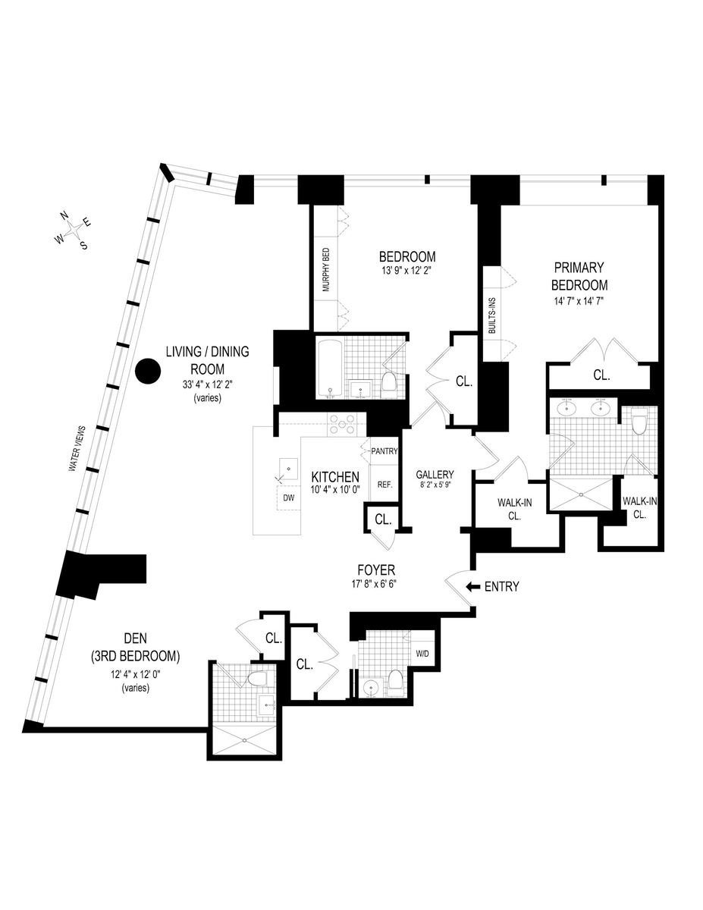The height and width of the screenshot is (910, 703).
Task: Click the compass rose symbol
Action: click(x=74, y=230)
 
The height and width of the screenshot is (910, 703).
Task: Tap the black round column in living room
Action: click(x=148, y=372)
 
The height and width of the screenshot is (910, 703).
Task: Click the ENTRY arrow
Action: click(x=472, y=586)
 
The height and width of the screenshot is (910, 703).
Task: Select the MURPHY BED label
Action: click(x=326, y=270)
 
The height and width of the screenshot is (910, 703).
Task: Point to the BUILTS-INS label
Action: click(x=491, y=314)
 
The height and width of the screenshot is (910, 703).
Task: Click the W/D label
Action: click(x=422, y=653)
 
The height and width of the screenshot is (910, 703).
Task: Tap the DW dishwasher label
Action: click(x=288, y=498)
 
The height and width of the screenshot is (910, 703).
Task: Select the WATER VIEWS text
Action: click(x=78, y=450)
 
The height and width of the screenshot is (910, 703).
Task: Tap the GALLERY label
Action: click(x=435, y=475)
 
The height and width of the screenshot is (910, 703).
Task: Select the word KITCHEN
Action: click(x=334, y=476)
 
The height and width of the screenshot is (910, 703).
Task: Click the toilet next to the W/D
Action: click(x=395, y=680)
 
